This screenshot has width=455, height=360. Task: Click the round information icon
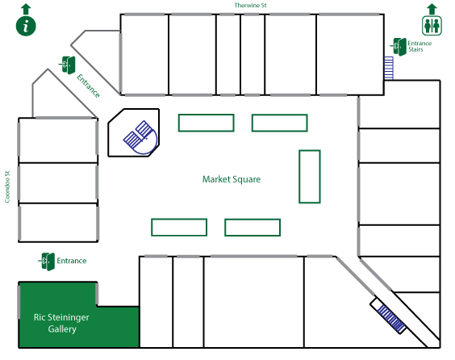(x=26, y=26)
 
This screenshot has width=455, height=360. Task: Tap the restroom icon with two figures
(x=432, y=26)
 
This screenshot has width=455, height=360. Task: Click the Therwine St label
(x=250, y=5)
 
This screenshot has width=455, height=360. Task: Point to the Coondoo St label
(x=7, y=186)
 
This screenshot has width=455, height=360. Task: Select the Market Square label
(x=232, y=179)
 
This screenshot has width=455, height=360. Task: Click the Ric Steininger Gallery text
(x=61, y=323)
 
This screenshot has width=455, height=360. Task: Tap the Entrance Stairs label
(x=420, y=46)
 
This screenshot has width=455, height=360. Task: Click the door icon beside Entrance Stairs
(x=399, y=47)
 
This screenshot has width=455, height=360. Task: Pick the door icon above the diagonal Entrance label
(x=68, y=65)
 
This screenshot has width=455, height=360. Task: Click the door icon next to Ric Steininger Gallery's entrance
(x=47, y=262)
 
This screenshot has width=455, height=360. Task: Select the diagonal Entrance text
(x=88, y=86)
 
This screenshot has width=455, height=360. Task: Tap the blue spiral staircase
(x=140, y=137)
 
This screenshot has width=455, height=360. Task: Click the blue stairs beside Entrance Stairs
(x=389, y=68)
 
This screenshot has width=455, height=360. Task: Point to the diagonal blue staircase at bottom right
(x=391, y=319)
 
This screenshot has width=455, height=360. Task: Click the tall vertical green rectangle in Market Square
(x=310, y=177)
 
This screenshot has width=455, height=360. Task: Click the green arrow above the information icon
(x=26, y=9)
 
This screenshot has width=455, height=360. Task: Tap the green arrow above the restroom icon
(x=432, y=9)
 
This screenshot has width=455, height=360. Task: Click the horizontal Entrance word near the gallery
(x=71, y=261)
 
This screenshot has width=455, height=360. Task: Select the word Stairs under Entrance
(x=415, y=50)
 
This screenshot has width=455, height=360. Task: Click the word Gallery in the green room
(x=62, y=329)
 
